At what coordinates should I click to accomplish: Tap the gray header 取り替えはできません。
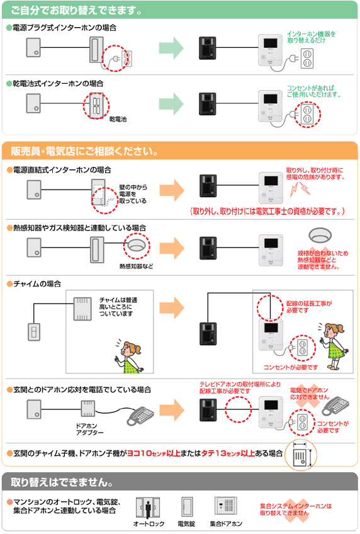62,483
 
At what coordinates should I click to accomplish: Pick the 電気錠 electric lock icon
186,508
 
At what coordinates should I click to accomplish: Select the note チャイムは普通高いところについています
118,306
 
